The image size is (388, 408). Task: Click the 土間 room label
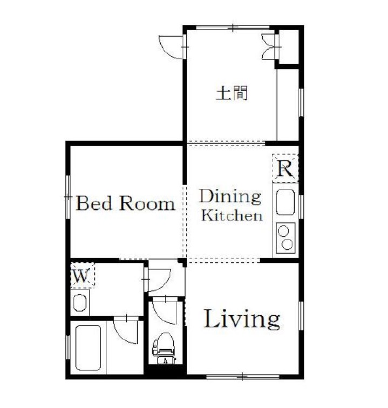tap(232, 93)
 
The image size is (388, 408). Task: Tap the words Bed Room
tap(125, 203)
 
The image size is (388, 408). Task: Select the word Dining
tap(230, 197)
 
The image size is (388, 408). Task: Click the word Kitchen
tap(232, 216)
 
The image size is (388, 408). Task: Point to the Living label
tap(242, 319)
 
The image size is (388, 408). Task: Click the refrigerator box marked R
tap(285, 168)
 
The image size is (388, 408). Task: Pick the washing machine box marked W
tap(83, 275)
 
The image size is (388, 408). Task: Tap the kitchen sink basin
tap(285, 202)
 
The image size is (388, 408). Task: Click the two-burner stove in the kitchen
tap(285, 238)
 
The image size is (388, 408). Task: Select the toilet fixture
tap(164, 348)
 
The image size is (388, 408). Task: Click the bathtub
tap(88, 348)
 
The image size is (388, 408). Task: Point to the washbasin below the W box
tap(80, 303)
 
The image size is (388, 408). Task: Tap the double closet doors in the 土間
tap(269, 47)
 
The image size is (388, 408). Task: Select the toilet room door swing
tap(165, 310)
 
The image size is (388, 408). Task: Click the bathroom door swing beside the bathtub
tap(125, 330)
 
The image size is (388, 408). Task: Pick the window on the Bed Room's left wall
tap(67, 197)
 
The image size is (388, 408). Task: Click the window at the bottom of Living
tap(242, 376)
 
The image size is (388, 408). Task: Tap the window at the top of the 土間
tap(233, 28)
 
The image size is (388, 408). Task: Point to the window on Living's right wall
tap(301, 316)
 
